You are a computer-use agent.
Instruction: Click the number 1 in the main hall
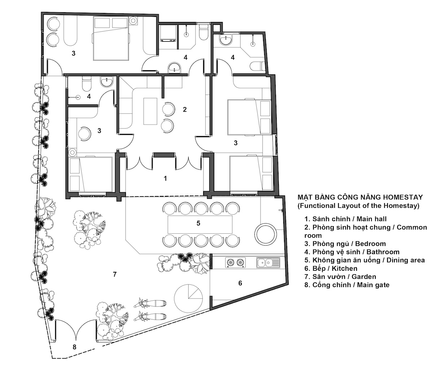coord(166,178)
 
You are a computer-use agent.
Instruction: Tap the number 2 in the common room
coord(184,109)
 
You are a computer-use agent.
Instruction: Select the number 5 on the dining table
coord(198,223)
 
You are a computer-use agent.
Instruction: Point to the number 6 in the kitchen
coord(240,283)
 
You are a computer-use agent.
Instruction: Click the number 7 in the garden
coord(115,274)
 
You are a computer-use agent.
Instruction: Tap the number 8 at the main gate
coord(74,347)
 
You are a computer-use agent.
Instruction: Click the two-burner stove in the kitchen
coord(235,263)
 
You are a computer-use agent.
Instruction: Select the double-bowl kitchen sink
coord(268,263)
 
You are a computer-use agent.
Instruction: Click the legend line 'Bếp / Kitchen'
coord(331,268)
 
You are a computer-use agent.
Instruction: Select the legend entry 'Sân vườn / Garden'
coord(340,277)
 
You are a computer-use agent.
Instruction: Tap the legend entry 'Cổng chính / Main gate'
coord(347,285)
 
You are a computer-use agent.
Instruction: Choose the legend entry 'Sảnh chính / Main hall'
coord(345,219)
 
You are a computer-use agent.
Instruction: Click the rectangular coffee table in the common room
coord(150,111)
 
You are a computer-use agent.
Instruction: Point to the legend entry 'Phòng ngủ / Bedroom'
coord(345,244)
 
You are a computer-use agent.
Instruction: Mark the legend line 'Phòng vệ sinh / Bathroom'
coord(352,252)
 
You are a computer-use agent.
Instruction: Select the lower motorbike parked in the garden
coord(150,316)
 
